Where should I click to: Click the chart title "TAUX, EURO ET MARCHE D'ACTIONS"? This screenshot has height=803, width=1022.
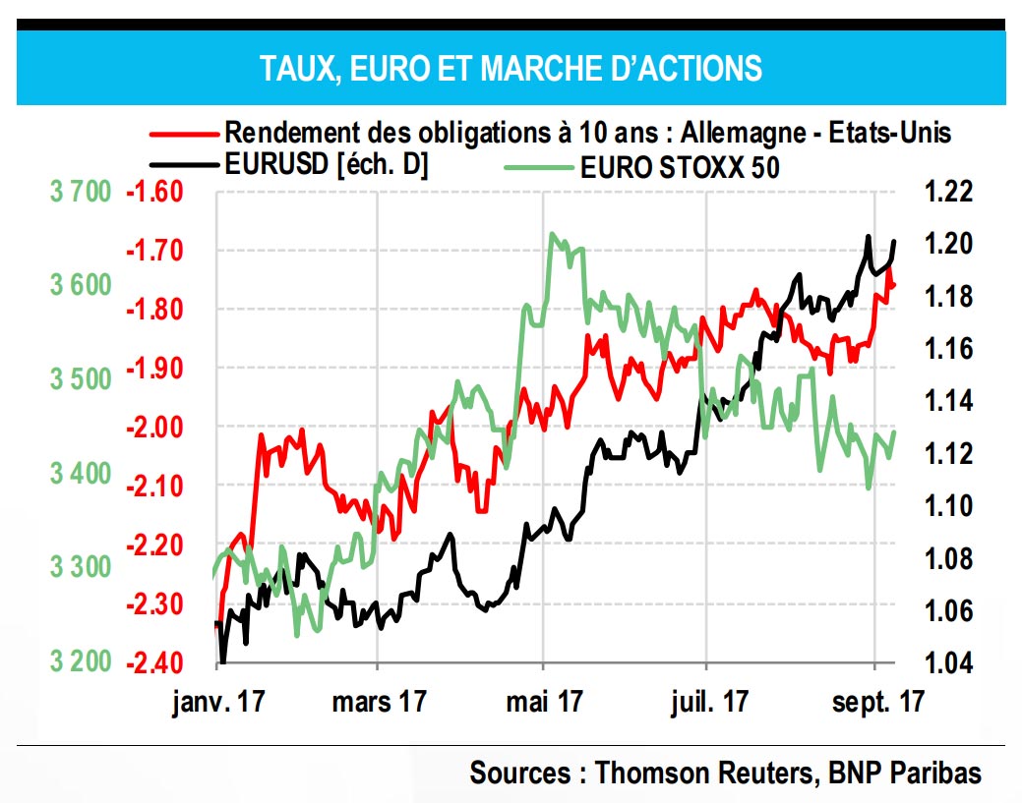pyautogui.click(x=511, y=68)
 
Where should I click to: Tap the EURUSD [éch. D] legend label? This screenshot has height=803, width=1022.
pyautogui.click(x=326, y=166)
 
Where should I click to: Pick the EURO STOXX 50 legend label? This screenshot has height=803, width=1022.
pyautogui.click(x=680, y=167)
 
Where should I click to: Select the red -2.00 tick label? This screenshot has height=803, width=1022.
pyautogui.click(x=154, y=427)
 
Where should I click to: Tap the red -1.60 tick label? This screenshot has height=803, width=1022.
pyautogui.click(x=154, y=191)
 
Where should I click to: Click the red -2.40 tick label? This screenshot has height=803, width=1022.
pyautogui.click(x=154, y=661)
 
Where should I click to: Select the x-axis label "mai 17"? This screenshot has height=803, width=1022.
pyautogui.click(x=542, y=702)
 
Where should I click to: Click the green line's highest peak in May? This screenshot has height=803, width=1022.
pyautogui.click(x=553, y=234)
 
